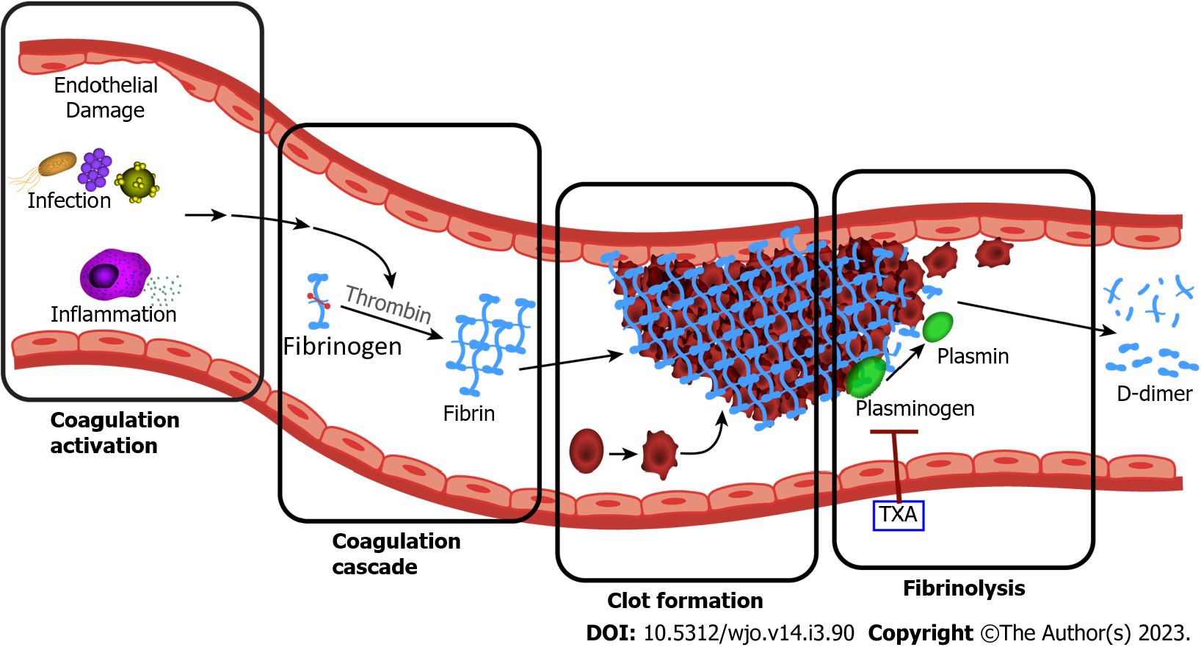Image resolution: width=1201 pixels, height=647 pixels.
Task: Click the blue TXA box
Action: pyautogui.click(x=898, y=515)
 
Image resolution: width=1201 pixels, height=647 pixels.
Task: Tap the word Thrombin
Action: pyautogui.click(x=388, y=304)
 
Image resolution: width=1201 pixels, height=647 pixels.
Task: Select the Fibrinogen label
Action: pyautogui.click(x=342, y=347)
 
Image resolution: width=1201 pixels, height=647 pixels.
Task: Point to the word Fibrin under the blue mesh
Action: pyautogui.click(x=468, y=414)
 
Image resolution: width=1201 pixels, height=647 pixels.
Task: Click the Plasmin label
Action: pyautogui.click(x=973, y=357)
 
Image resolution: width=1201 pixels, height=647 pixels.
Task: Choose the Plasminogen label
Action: pyautogui.click(x=915, y=408)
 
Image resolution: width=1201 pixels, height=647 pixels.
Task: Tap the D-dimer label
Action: pyautogui.click(x=1154, y=394)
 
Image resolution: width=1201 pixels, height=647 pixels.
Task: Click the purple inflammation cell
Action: pyautogui.click(x=113, y=275)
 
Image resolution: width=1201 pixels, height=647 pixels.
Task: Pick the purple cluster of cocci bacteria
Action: pyautogui.click(x=95, y=169)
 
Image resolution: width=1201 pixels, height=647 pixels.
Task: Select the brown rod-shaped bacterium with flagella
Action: pyautogui.click(x=57, y=164)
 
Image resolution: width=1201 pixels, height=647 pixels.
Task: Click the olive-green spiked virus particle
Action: pyautogui.click(x=137, y=182)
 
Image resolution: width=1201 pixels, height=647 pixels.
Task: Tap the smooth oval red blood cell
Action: pyautogui.click(x=586, y=451)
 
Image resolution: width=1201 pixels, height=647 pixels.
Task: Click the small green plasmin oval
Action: pyautogui.click(x=937, y=327)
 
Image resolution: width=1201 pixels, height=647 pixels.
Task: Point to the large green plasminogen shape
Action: pyautogui.click(x=866, y=377)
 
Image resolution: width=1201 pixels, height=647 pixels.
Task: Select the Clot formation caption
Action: pyautogui.click(x=685, y=601)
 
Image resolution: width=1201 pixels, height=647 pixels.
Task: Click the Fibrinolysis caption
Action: pyautogui.click(x=964, y=588)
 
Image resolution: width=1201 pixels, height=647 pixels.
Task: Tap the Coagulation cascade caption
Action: pyautogui.click(x=396, y=554)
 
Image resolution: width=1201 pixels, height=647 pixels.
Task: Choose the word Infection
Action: pyautogui.click(x=69, y=200)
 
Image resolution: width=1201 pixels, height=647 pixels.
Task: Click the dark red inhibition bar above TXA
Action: pyautogui.click(x=893, y=433)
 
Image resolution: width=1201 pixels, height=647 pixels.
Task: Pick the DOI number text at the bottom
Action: pyautogui.click(x=749, y=633)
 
